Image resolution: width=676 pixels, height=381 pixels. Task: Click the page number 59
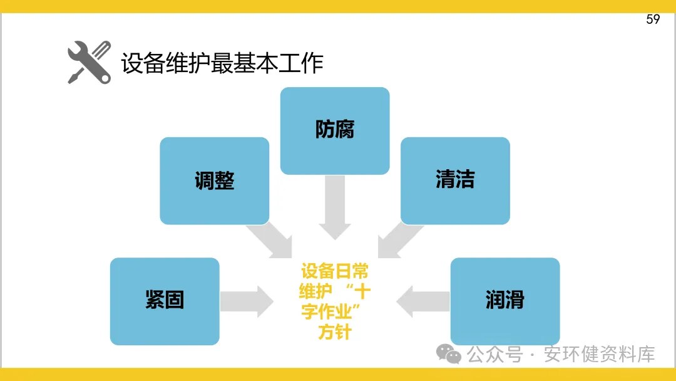(x=653, y=19)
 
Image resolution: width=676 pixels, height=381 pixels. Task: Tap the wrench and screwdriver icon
(x=89, y=62)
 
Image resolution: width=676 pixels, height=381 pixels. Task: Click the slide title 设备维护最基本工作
(x=222, y=63)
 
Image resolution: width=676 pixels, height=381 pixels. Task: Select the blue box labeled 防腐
(x=335, y=130)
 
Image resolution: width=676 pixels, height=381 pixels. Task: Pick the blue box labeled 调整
(x=214, y=180)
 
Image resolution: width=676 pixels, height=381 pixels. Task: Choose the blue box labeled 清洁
(x=455, y=180)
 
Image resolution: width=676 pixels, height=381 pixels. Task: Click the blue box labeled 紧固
(x=165, y=301)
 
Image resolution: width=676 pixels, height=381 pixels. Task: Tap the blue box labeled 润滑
(x=504, y=301)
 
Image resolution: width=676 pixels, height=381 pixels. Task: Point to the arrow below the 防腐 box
(x=335, y=207)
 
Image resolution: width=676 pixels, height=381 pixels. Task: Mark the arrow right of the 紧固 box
(x=247, y=301)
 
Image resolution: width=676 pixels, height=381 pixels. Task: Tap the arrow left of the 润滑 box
(x=423, y=301)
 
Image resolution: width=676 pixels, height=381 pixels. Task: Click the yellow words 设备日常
(x=335, y=271)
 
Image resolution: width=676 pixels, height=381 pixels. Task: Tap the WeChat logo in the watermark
(x=449, y=354)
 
